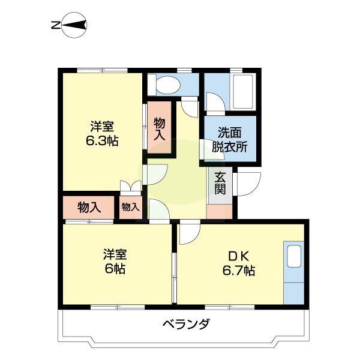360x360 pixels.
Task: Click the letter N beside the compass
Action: [56, 25]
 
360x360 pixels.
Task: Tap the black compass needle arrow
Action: [74, 25]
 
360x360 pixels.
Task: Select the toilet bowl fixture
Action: [166, 85]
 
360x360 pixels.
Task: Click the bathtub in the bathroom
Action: [243, 92]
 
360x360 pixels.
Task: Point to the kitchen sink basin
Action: [294, 256]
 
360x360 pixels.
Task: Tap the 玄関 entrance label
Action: [220, 183]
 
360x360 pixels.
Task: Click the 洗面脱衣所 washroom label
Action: [230, 140]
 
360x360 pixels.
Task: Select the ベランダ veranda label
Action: [186, 324]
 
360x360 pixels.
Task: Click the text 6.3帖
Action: [102, 141]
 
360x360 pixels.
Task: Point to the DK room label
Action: [238, 256]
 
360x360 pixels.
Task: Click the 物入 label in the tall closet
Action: [160, 128]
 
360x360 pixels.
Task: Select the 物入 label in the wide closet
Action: [89, 208]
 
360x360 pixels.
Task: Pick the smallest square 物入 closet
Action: [130, 207]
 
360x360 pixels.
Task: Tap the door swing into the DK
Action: [190, 232]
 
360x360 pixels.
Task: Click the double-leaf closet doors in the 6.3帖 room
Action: [130, 186]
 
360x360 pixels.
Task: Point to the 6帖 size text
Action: [115, 269]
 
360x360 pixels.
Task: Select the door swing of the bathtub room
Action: [215, 104]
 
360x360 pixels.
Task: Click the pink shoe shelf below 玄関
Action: [220, 211]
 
